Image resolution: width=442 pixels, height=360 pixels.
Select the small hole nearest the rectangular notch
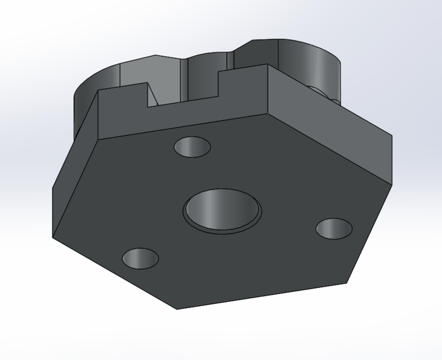[192, 147]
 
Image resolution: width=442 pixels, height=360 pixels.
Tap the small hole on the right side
[333, 228]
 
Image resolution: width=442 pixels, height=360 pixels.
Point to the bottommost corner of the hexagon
[176, 309]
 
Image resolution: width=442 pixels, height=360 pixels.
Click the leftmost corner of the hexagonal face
[53, 236]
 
